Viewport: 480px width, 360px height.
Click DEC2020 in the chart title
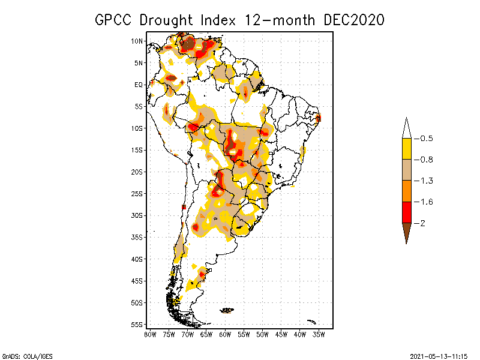click(353, 20)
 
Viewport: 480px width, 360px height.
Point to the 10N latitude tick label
click(137, 41)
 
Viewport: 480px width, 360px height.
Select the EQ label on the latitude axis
click(139, 85)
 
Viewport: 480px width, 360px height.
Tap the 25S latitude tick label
click(137, 193)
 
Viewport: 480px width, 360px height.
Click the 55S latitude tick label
click(137, 324)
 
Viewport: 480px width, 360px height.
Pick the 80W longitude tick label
click(150, 334)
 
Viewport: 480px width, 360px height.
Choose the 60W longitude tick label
click(226, 334)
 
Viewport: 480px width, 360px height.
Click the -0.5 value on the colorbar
click(424, 139)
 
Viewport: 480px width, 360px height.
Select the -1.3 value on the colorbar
click(424, 181)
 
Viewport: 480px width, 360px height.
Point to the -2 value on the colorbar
click(420, 223)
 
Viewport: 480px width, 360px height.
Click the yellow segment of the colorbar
click(406, 149)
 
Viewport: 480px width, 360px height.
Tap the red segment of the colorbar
click(406, 212)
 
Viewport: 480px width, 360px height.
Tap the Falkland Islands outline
click(227, 310)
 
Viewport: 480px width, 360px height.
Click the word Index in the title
click(221, 20)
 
